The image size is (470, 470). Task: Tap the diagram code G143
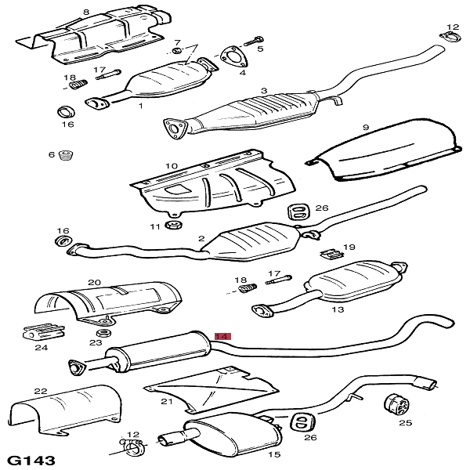pyautogui.click(x=31, y=458)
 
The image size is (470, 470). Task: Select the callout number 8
pyautogui.click(x=86, y=13)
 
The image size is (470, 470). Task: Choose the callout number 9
pyautogui.click(x=365, y=127)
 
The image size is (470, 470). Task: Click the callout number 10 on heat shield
pyautogui.click(x=172, y=166)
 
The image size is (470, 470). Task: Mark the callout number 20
pyautogui.click(x=94, y=282)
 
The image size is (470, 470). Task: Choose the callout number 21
pyautogui.click(x=166, y=401)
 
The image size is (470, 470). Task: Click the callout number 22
pyautogui.click(x=41, y=390)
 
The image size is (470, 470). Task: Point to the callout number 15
pyautogui.click(x=274, y=454)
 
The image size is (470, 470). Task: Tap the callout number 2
pyautogui.click(x=201, y=238)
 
